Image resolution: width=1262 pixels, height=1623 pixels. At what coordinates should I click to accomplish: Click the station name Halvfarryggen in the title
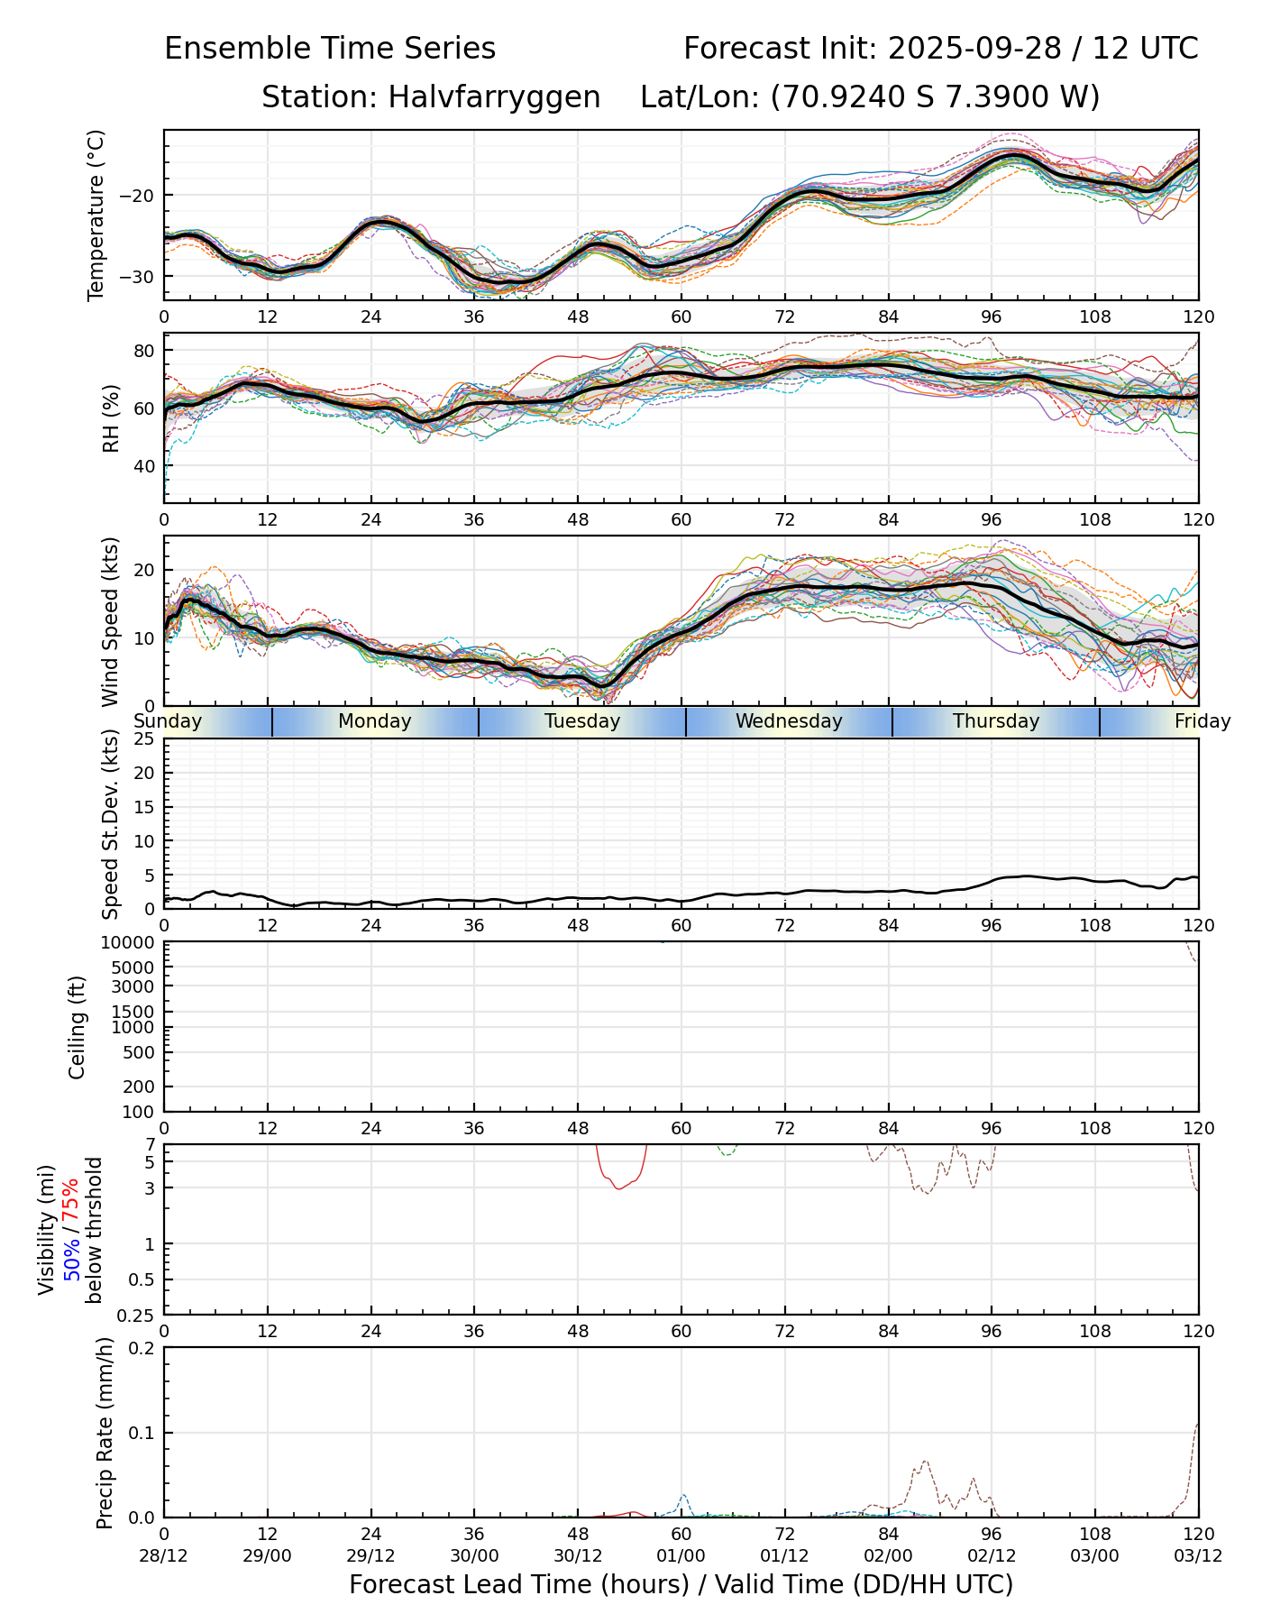pyautogui.click(x=494, y=97)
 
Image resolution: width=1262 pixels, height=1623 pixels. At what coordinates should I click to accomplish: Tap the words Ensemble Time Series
pyautogui.click(x=330, y=49)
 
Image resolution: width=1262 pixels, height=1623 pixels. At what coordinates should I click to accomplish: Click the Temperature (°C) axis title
pyautogui.click(x=96, y=215)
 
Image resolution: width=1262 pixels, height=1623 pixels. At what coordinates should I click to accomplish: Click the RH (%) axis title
pyautogui.click(x=111, y=417)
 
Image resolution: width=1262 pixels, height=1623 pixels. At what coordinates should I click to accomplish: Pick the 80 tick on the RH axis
pyautogui.click(x=145, y=351)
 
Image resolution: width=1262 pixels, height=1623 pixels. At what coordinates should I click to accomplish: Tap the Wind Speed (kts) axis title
pyautogui.click(x=111, y=621)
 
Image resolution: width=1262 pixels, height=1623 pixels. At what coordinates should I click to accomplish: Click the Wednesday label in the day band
pyautogui.click(x=789, y=721)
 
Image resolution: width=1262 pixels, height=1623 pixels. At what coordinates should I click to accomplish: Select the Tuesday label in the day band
pyautogui.click(x=582, y=721)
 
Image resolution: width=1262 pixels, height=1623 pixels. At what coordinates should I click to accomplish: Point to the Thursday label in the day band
pyautogui.click(x=996, y=721)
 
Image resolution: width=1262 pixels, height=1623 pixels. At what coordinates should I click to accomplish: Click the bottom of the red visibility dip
pyautogui.click(x=618, y=1188)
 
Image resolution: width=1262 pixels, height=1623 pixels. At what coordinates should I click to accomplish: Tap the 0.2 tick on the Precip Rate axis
pyautogui.click(x=142, y=1348)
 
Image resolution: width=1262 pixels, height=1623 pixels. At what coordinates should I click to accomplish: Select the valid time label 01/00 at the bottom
pyautogui.click(x=681, y=1555)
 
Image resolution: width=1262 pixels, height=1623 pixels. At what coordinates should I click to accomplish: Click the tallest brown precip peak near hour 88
pyautogui.click(x=926, y=1461)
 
